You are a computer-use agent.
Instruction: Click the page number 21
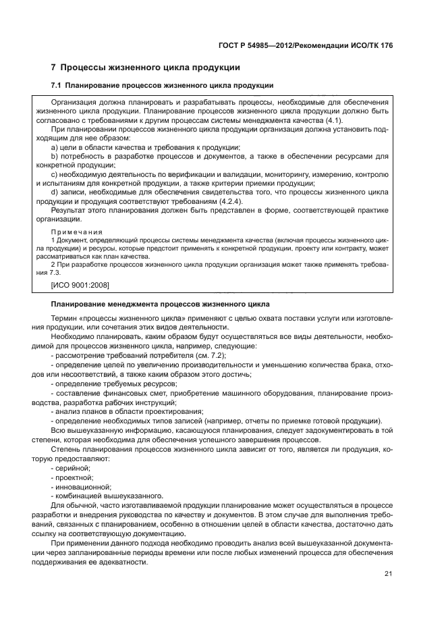pos(388,575)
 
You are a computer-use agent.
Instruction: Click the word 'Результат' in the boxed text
pos(70,210)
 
